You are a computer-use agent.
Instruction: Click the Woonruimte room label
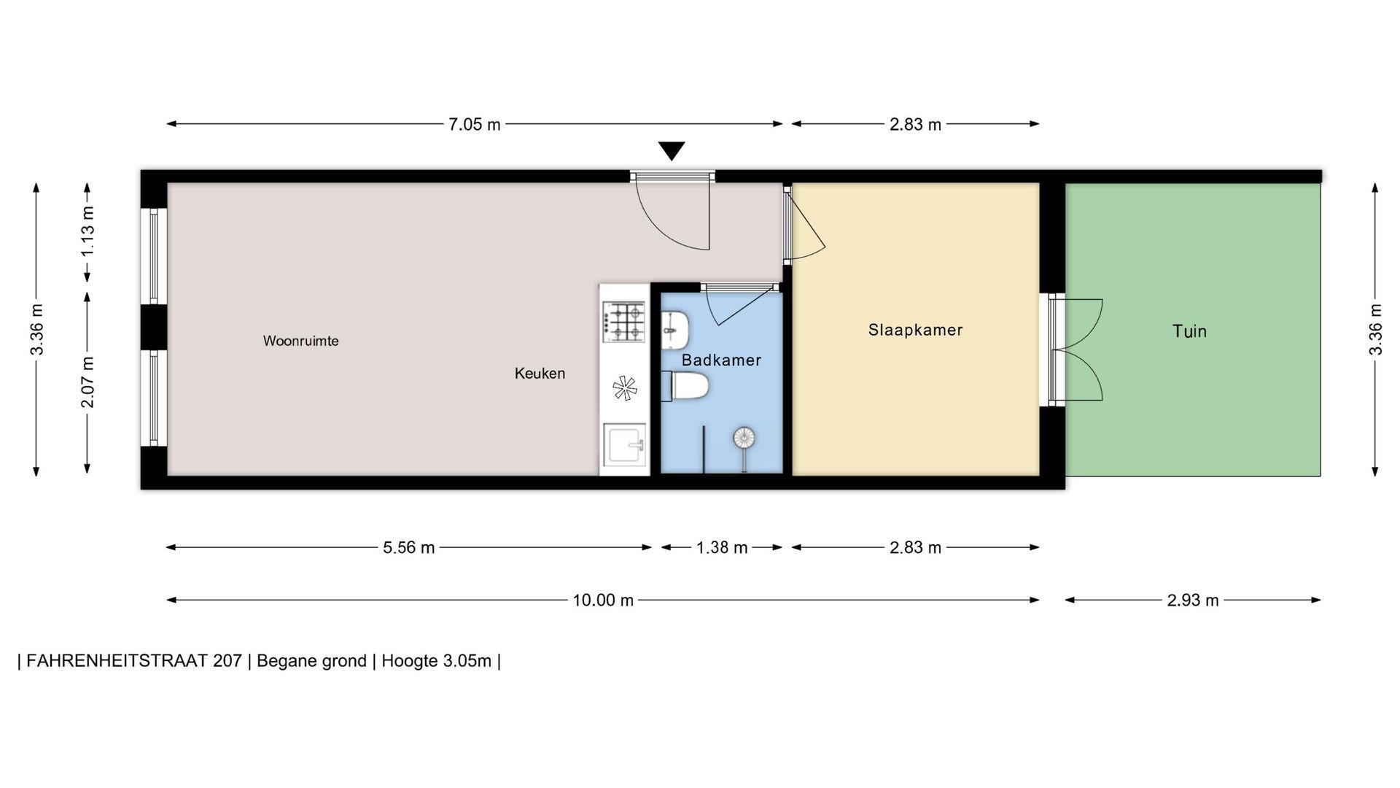(x=300, y=341)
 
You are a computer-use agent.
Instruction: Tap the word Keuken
(x=540, y=374)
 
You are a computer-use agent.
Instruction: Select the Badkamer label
(x=721, y=360)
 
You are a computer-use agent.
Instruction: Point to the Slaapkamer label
(x=915, y=330)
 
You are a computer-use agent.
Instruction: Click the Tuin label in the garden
(x=1189, y=331)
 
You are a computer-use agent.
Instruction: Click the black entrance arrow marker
(x=672, y=151)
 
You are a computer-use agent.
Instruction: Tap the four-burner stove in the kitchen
(x=624, y=322)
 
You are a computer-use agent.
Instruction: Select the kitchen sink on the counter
(x=624, y=444)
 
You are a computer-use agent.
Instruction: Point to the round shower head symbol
(x=744, y=438)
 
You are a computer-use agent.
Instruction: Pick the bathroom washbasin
(x=675, y=331)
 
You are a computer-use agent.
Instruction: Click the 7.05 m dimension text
(x=475, y=125)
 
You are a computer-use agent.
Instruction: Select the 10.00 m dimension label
(x=603, y=600)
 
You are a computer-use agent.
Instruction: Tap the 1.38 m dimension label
(x=722, y=548)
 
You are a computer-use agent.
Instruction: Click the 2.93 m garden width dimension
(x=1193, y=600)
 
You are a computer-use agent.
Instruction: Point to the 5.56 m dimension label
(x=409, y=548)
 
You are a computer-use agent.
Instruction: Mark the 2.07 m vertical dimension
(x=87, y=382)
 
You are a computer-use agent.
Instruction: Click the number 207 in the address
(x=227, y=661)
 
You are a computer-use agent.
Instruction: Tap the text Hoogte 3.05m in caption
(x=437, y=661)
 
